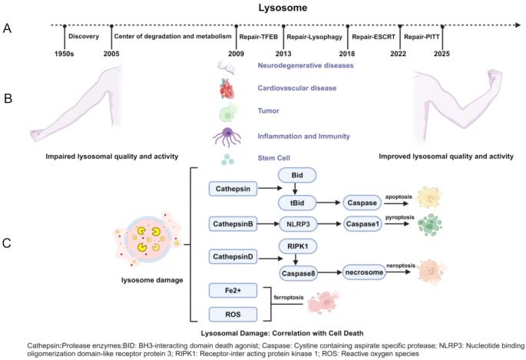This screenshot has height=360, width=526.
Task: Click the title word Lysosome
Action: pyautogui.click(x=263, y=8)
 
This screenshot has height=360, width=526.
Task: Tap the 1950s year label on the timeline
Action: pyautogui.click(x=65, y=53)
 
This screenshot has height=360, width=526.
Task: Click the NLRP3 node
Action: pyautogui.click(x=298, y=223)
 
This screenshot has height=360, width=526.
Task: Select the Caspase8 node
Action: pyautogui.click(x=298, y=272)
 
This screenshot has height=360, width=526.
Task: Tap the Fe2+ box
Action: pyautogui.click(x=232, y=289)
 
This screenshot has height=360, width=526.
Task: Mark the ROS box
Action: pyautogui.click(x=232, y=313)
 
